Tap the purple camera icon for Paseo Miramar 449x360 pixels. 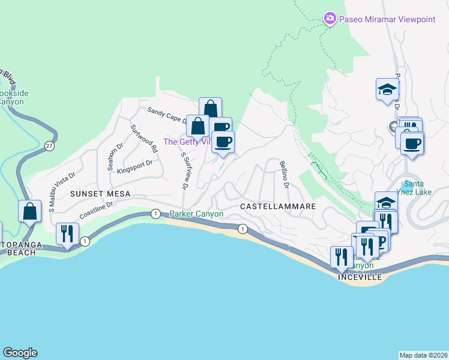330,19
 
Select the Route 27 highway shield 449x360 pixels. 47,145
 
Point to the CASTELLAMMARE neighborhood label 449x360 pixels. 278,206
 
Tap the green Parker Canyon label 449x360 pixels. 196,214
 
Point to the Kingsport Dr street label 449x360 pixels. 136,166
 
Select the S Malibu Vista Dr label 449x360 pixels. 62,184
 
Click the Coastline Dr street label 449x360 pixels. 96,211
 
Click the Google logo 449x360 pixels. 20,353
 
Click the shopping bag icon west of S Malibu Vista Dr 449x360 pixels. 29,212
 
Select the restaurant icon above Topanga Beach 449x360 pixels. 67,234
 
